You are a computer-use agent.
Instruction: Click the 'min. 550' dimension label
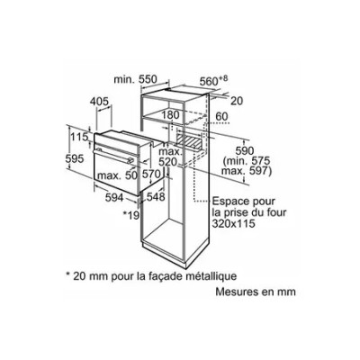135,79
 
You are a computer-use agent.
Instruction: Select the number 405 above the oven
99,102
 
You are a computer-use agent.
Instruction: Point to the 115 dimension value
79,137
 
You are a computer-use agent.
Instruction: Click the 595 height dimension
75,158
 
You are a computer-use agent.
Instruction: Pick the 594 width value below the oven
114,197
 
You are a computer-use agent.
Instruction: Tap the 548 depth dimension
156,197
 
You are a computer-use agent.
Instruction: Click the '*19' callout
132,214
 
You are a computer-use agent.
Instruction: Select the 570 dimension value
151,174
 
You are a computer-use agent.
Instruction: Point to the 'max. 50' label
117,175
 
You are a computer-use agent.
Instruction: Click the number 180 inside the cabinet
170,115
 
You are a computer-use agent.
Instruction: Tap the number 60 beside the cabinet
222,116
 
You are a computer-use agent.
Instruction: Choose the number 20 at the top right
237,101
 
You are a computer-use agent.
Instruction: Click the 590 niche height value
244,151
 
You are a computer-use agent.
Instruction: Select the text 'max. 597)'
247,171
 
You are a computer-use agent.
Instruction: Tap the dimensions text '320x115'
234,223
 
